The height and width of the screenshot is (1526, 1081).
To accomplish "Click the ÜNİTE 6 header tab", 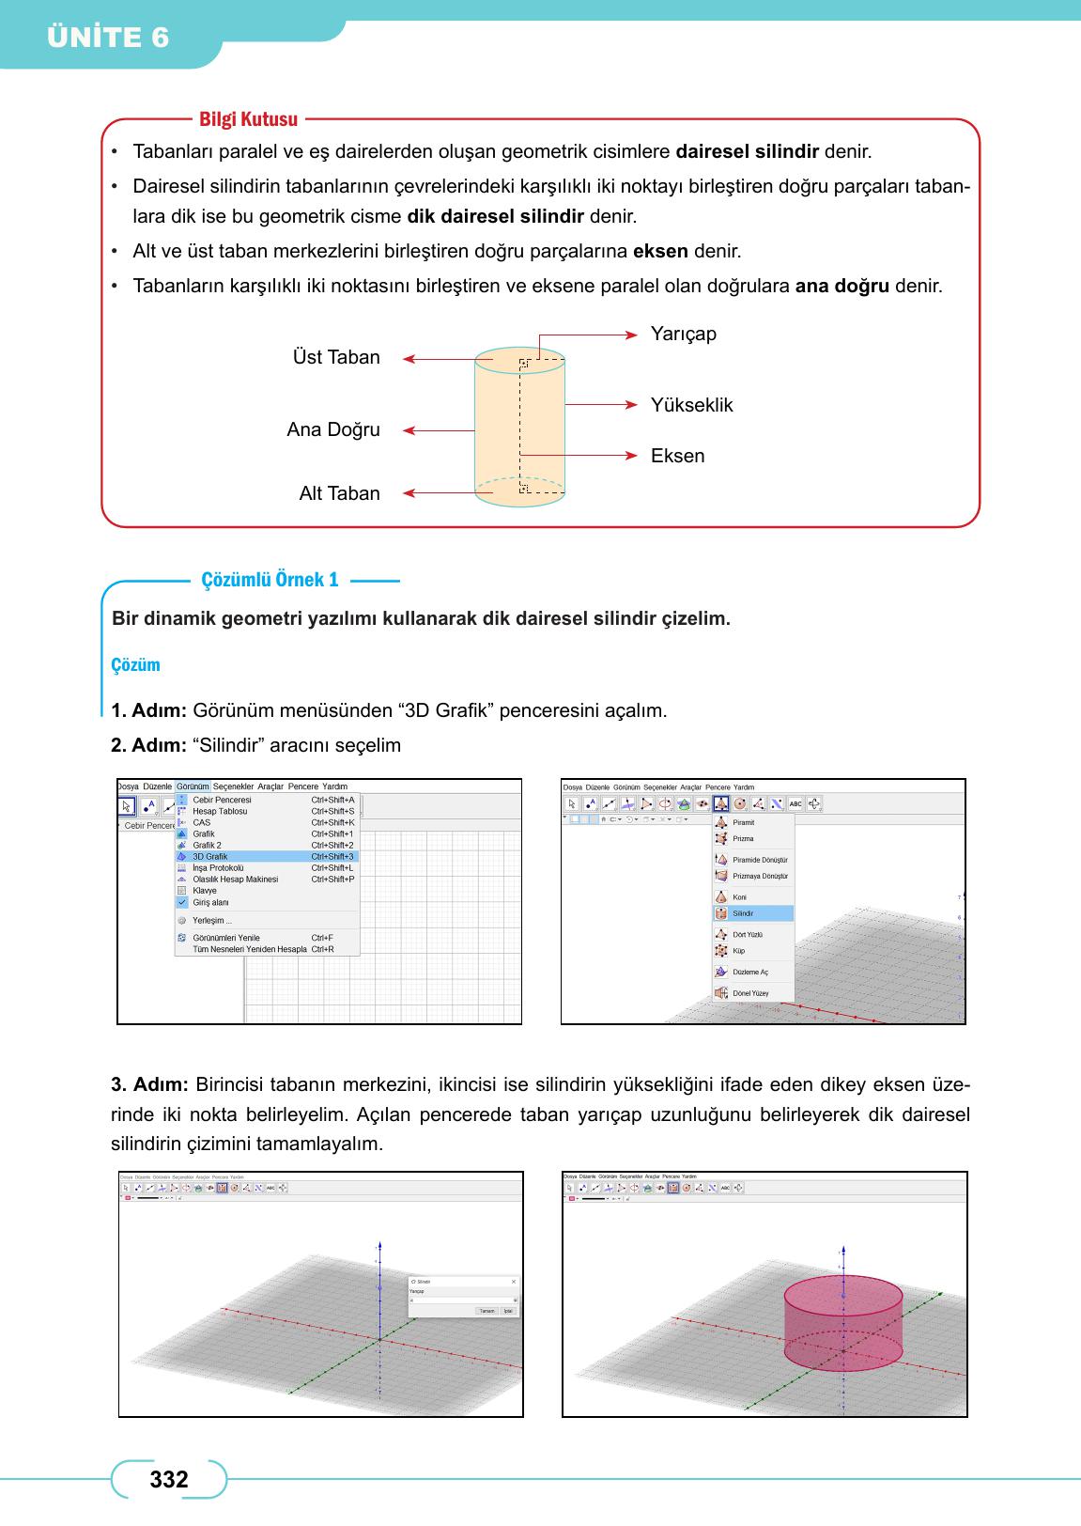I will point(108,38).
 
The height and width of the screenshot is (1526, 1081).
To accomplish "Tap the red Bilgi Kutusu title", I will point(248,119).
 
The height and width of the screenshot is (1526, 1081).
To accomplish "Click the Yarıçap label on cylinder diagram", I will point(683,334).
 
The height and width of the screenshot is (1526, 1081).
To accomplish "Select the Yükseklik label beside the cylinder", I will point(691,405).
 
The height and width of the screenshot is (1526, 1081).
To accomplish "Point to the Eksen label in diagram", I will point(677,456).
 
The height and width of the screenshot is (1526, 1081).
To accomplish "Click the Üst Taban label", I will point(336,357).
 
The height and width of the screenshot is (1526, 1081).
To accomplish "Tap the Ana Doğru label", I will point(333,429).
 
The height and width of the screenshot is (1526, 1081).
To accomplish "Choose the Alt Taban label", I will point(339,493).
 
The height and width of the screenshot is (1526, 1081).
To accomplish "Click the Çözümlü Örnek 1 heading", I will point(270,580).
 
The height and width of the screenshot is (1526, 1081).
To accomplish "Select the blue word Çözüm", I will point(136,665).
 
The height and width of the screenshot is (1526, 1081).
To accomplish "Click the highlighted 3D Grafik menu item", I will point(210,857).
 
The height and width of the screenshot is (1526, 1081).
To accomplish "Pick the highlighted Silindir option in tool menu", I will point(743,913).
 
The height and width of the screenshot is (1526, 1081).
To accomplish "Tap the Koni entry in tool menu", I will point(739,897).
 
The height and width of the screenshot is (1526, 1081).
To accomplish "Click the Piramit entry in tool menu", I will point(743,822).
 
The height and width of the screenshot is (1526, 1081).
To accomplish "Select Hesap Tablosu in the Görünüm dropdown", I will point(220,811).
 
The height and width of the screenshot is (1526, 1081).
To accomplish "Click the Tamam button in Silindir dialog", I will point(486,1311).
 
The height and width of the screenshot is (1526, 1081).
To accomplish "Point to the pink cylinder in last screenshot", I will point(843,1320).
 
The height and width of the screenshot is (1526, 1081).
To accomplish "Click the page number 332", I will point(169,1480).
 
